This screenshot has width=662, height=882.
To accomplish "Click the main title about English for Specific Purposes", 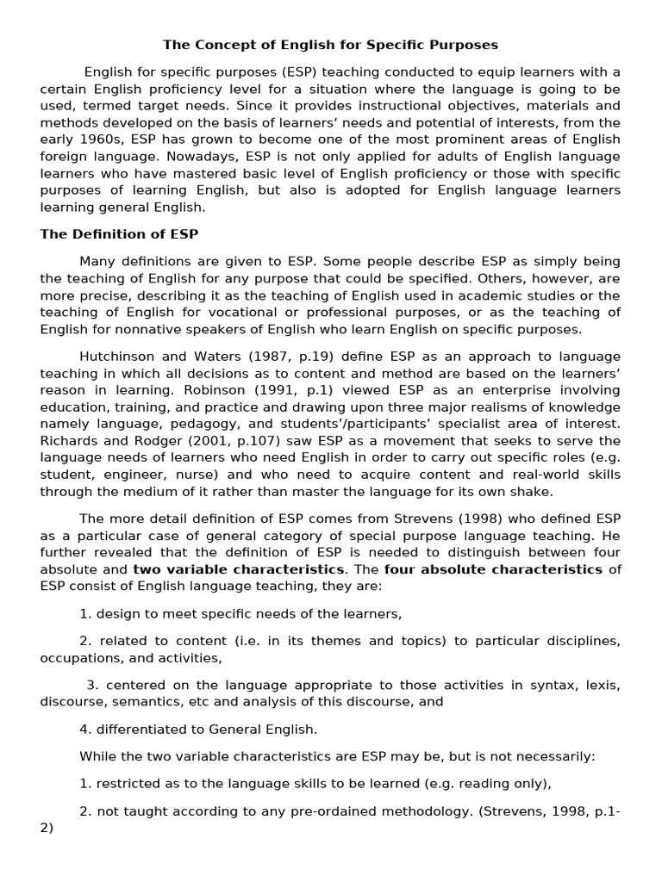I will tap(331, 44).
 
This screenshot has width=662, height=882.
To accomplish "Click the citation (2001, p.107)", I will tap(216, 442).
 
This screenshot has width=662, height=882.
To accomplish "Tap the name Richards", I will tap(68, 442).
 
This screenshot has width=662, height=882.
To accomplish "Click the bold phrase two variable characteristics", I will tap(238, 569).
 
